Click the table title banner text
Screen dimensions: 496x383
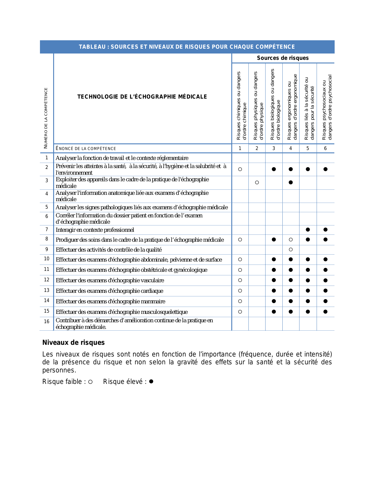pyautogui.click(x=187, y=47)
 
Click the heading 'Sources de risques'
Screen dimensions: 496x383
pyautogui.click(x=283, y=58)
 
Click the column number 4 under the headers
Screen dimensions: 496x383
pyautogui.click(x=290, y=148)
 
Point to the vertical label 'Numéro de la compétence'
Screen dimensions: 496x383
pyautogui.click(x=46, y=118)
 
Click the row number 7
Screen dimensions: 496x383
pyautogui.click(x=47, y=230)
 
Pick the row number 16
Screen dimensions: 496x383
pyautogui.click(x=47, y=322)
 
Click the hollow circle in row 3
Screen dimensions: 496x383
pyautogui.click(x=257, y=182)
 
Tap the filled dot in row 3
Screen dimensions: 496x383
pyautogui.click(x=290, y=182)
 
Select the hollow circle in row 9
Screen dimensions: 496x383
pyautogui.click(x=290, y=250)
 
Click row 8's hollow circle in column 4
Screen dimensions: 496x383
pyautogui.click(x=290, y=240)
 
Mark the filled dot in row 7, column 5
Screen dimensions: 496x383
pyautogui.click(x=308, y=230)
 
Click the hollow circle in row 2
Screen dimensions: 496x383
pyautogui.click(x=240, y=169)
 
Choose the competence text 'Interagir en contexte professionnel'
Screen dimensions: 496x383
pyautogui.click(x=95, y=230)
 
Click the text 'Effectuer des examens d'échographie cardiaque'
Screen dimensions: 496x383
pyautogui.click(x=110, y=291)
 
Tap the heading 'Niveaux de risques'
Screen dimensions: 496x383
pyautogui.click(x=74, y=343)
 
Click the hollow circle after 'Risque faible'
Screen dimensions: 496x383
pyautogui.click(x=90, y=382)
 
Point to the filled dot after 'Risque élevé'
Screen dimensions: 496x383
pyautogui.click(x=151, y=381)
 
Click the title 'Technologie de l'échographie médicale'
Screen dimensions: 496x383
pyautogui.click(x=142, y=97)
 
